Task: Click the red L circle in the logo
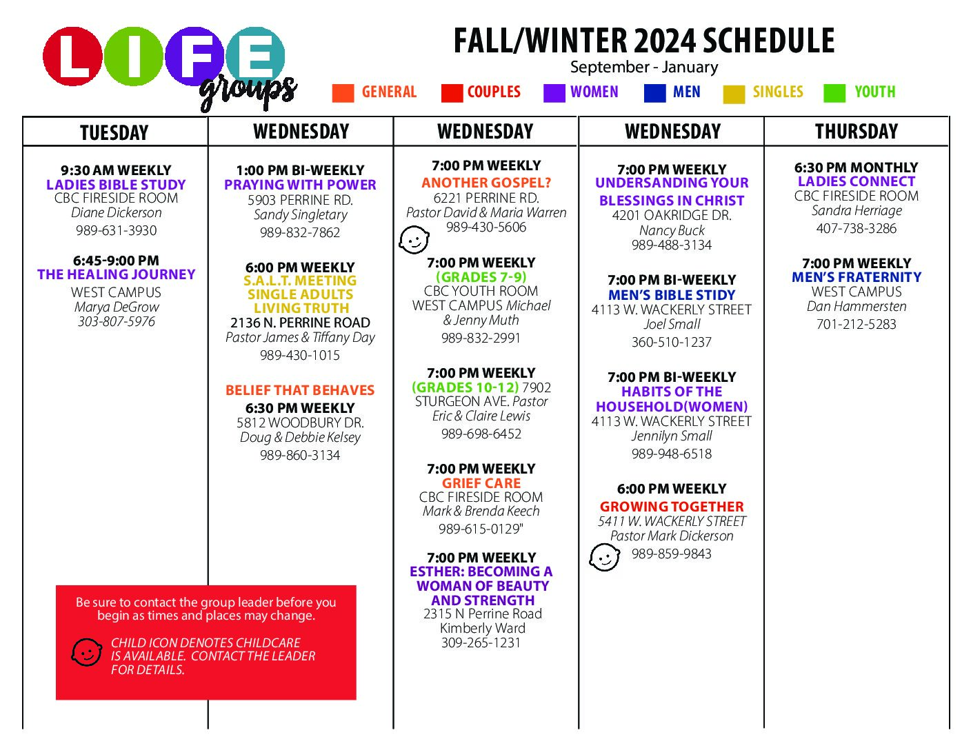pos(72,57)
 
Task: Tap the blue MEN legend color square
pos(654,93)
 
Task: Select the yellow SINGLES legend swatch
pos(734,94)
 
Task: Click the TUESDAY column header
pos(114,132)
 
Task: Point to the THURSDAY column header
pos(856,132)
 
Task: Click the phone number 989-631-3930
pos(116,230)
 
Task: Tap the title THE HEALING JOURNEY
pos(116,274)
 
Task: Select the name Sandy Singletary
pos(300,215)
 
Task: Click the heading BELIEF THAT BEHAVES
pos(300,390)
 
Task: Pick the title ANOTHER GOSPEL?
pos(486,183)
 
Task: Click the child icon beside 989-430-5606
pos(414,240)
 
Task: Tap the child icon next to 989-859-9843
pos(604,558)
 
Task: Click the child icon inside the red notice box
pos(86,652)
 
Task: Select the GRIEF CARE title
pos(481,483)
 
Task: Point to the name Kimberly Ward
pos(483,628)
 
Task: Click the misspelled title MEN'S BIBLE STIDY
pos(672,295)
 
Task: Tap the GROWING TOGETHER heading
pos(672,507)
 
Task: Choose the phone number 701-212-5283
pos(856,324)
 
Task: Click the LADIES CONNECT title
pos(857,181)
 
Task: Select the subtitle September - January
pos(644,68)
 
